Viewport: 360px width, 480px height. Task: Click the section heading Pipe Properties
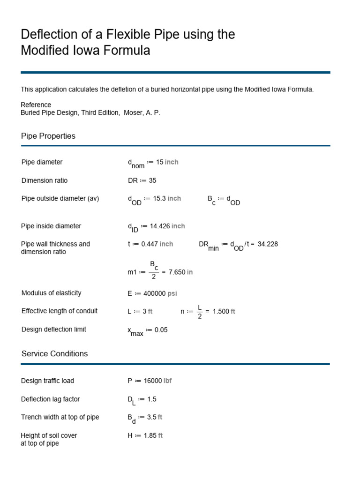[x=48, y=136]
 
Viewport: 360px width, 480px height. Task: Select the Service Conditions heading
[x=54, y=353]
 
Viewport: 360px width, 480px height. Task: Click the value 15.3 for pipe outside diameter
[x=159, y=198]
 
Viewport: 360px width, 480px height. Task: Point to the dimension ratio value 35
[x=152, y=180]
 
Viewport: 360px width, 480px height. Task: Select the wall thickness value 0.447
[x=150, y=244]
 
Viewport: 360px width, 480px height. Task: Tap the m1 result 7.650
[x=177, y=272]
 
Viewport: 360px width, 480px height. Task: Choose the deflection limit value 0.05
[x=161, y=330]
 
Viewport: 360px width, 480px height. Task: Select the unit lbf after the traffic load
[x=167, y=381]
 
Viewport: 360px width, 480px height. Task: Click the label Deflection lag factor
[x=51, y=399]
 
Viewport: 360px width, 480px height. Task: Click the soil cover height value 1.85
[x=150, y=435]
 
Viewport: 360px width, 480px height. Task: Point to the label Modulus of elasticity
[x=52, y=293]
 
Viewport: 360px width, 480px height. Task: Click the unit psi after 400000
[x=172, y=293]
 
